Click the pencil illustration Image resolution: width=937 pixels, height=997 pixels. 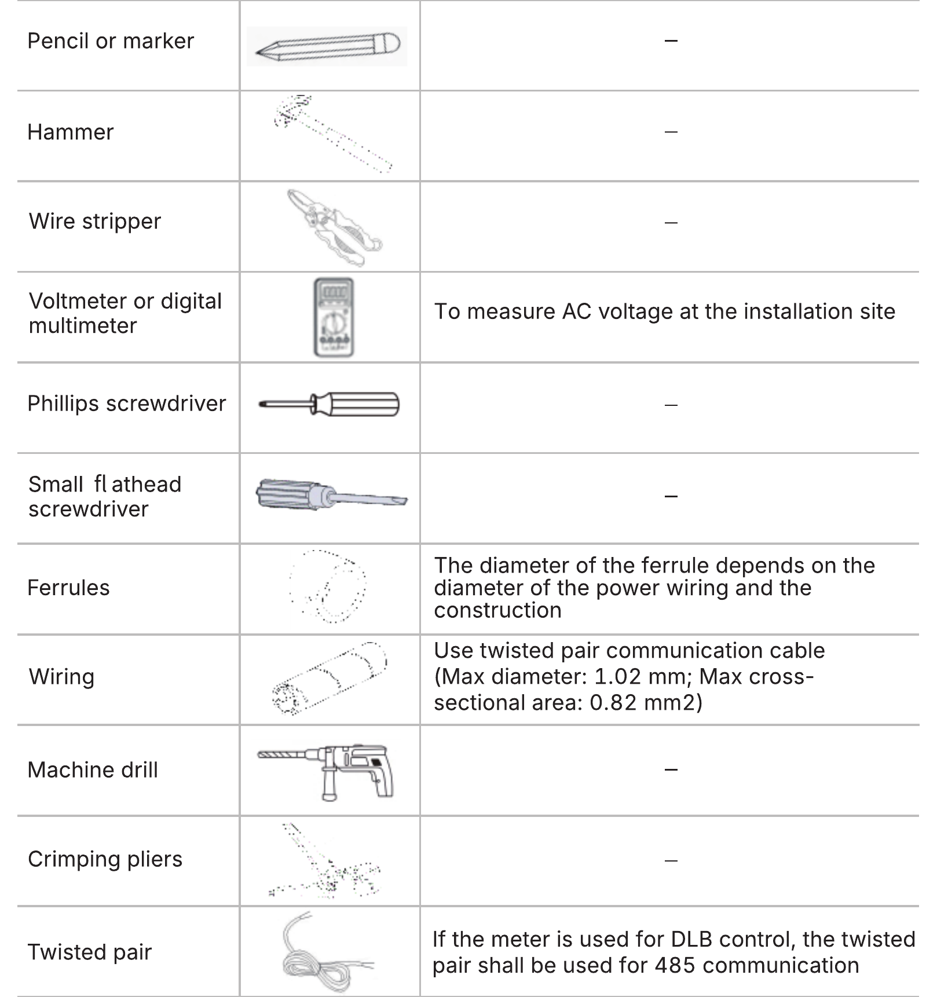tap(327, 46)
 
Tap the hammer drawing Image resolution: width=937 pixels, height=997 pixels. tap(332, 134)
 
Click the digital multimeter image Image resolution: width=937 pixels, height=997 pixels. tap(334, 317)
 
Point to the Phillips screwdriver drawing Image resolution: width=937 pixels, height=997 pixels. tap(329, 404)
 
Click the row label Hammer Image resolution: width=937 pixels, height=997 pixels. tap(71, 133)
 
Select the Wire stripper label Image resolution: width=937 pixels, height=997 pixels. tap(95, 222)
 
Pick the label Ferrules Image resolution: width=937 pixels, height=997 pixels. tap(69, 588)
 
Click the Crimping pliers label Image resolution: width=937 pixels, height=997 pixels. tap(105, 860)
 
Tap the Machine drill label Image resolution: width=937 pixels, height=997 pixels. tap(93, 770)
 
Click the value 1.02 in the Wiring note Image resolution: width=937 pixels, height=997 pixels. tap(617, 677)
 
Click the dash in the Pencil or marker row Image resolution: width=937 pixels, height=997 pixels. tap(671, 41)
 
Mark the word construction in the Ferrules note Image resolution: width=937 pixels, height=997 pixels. tap(498, 610)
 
